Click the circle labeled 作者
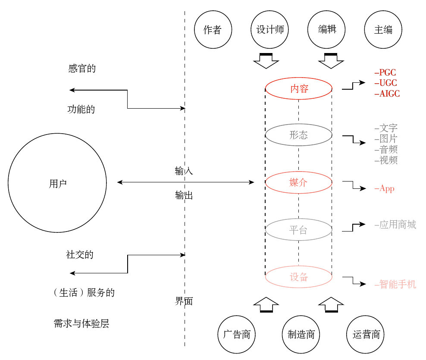click(213, 30)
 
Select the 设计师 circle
click(270, 30)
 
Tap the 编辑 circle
click(327, 30)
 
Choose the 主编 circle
click(383, 30)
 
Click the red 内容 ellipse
click(299, 89)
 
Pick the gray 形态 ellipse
click(299, 135)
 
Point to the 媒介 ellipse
click(299, 182)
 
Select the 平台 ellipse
click(299, 230)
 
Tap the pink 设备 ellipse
click(299, 277)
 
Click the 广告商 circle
click(237, 335)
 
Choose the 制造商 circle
click(301, 335)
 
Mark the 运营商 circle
click(366, 335)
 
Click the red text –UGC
click(386, 83)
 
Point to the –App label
click(385, 189)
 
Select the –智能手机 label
click(395, 285)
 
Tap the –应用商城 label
click(395, 225)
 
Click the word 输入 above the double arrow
click(184, 171)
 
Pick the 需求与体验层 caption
click(81, 324)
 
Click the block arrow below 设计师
click(266, 61)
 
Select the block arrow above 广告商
click(266, 304)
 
